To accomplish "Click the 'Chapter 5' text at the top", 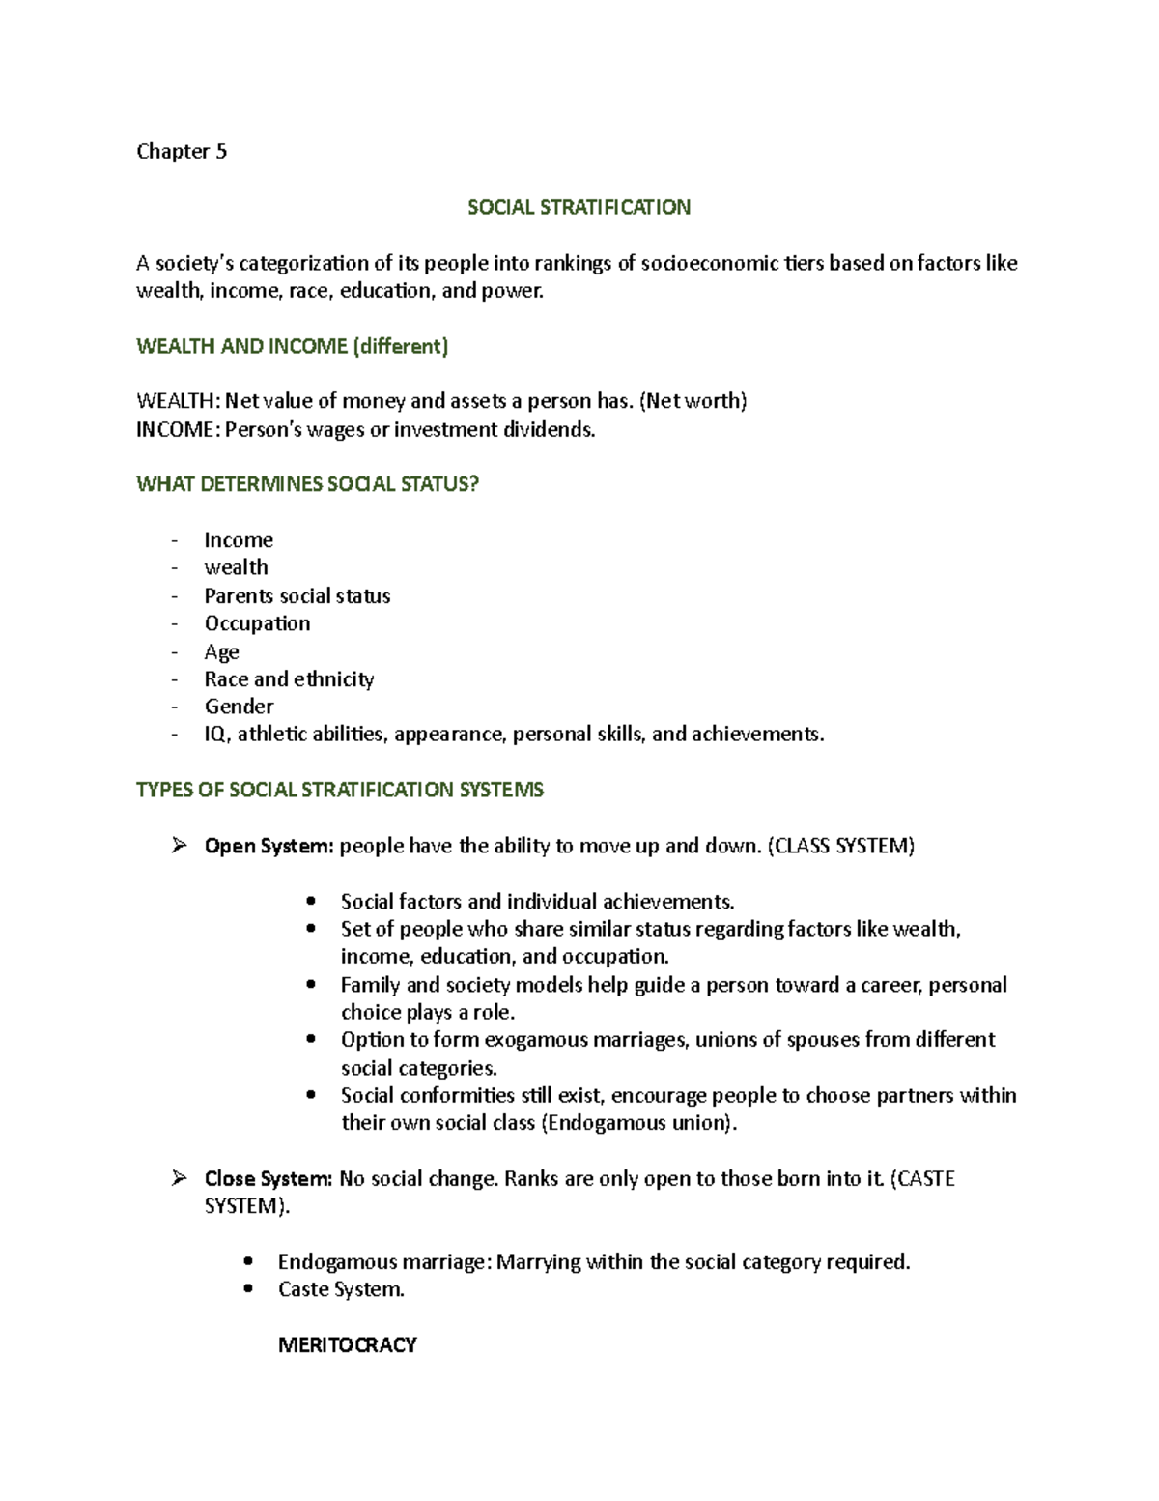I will click(182, 152).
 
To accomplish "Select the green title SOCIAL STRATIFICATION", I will click(579, 208).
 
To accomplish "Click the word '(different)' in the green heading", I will click(400, 347).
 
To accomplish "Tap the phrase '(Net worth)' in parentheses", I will click(694, 402).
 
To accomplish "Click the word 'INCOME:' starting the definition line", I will click(178, 430).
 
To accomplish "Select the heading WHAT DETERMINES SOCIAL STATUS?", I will click(307, 485).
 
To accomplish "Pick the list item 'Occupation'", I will click(257, 624).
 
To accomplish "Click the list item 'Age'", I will click(221, 652).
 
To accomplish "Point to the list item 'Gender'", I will click(239, 707).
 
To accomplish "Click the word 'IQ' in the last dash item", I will click(215, 736).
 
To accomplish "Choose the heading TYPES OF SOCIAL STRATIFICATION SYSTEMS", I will click(340, 791).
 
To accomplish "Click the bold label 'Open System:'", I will click(269, 847).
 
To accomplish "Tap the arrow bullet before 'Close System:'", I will click(178, 1178).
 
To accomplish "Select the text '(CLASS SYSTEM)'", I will click(840, 847).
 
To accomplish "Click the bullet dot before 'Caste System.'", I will click(249, 1289).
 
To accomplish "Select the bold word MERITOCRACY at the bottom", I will click(347, 1345).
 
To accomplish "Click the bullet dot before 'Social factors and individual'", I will click(310, 902).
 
